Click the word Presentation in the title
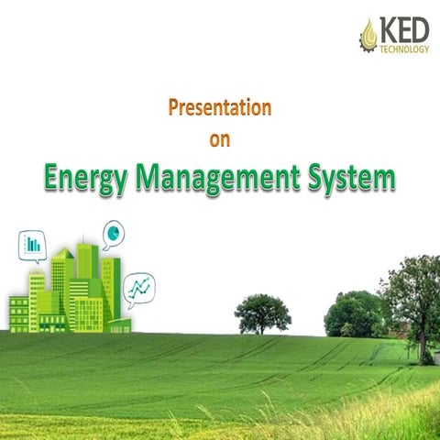tap(220, 108)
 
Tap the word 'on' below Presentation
tap(220, 140)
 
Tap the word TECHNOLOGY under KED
tap(405, 50)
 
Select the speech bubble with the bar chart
tap(32, 245)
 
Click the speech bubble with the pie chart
tap(114, 234)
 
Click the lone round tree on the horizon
tap(262, 312)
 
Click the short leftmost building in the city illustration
tap(18, 313)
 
